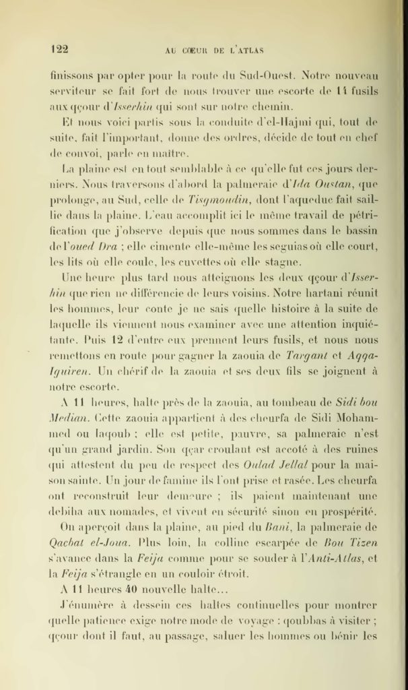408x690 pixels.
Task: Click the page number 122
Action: [x=60, y=48]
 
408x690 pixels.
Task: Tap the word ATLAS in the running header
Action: [x=248, y=49]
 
